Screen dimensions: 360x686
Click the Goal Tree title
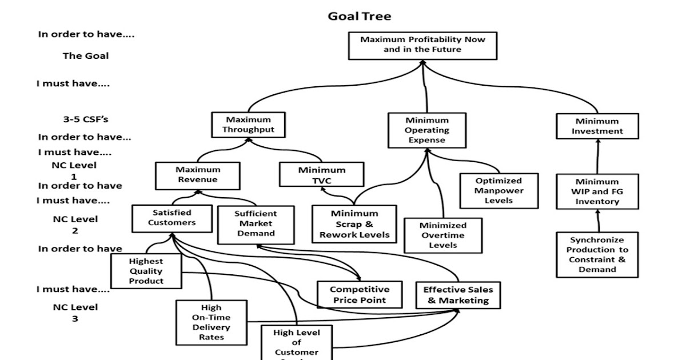(x=360, y=16)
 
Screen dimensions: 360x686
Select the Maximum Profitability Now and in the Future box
(x=422, y=45)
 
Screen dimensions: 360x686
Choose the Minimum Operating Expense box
(x=427, y=130)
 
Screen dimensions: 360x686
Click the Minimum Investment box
(x=597, y=126)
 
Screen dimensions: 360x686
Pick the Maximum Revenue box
(x=197, y=174)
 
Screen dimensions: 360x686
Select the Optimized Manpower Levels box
(x=498, y=190)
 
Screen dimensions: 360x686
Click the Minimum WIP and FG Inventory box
(x=597, y=191)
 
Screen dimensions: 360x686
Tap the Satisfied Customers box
(x=171, y=218)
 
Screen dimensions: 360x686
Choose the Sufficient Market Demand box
(x=255, y=223)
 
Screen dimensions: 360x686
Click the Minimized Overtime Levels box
(x=442, y=235)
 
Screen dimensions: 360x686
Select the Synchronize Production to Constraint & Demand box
(x=597, y=254)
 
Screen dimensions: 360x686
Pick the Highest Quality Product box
(x=146, y=271)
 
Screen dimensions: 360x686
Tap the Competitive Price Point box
(x=358, y=295)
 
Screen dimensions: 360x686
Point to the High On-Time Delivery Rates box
(x=212, y=322)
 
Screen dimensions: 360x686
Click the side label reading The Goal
(x=85, y=56)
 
